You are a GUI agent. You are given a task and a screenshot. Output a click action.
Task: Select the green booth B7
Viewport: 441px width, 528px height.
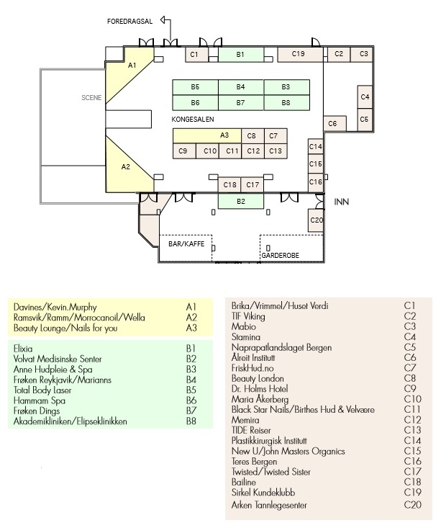241,103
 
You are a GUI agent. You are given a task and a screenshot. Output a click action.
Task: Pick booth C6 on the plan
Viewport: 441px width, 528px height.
335,124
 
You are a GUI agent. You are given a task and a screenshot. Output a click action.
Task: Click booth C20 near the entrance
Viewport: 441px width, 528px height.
316,220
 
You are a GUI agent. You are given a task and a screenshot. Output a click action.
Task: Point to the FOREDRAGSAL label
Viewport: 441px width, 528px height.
129,21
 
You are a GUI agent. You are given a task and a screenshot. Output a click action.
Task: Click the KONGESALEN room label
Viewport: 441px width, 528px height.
192,119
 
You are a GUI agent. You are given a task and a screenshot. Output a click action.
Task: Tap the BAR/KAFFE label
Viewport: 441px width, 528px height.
186,243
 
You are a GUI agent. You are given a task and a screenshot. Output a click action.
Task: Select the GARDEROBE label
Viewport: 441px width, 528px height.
280,256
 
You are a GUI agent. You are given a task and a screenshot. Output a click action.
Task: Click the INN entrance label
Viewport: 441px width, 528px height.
341,202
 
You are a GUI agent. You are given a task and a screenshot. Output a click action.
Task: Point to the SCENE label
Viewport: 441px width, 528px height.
91,98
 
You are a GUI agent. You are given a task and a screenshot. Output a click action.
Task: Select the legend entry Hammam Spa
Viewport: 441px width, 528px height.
40,401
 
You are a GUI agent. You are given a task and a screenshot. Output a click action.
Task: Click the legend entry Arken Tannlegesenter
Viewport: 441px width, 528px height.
269,505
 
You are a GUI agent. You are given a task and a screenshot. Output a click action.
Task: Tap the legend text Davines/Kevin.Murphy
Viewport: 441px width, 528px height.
55,307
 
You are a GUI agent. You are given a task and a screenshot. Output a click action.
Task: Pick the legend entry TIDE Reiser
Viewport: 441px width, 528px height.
251,430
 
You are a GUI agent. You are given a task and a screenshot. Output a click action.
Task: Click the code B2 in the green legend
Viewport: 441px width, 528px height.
191,359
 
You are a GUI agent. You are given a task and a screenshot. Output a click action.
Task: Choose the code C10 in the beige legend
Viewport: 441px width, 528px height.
412,399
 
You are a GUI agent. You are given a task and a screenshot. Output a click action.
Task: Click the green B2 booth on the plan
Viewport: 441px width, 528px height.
241,202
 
